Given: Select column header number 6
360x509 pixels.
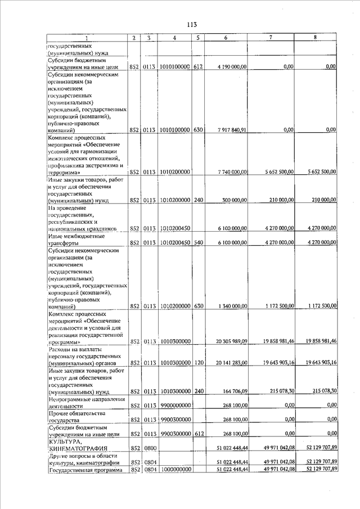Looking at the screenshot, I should click(x=225, y=38).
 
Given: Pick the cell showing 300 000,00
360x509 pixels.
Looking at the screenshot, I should click(x=235, y=200).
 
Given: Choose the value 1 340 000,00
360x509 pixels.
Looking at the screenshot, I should click(x=231, y=306).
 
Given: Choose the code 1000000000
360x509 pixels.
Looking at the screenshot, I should click(x=175, y=470).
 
